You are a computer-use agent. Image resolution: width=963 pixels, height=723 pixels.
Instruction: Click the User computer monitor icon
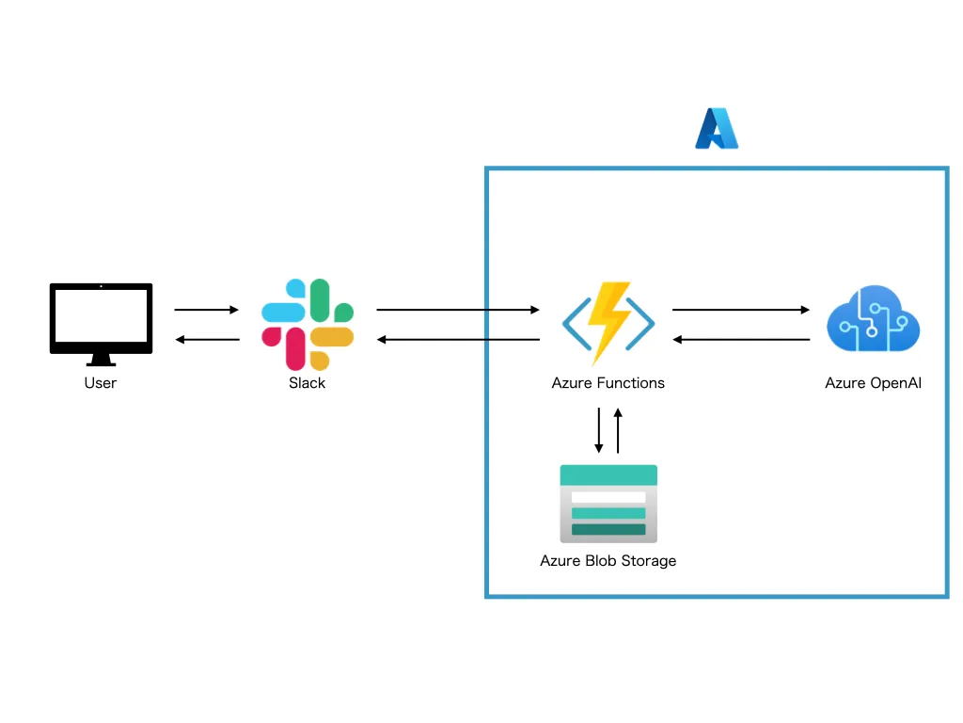[101, 318]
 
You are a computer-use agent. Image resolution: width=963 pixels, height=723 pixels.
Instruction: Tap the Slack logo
[308, 324]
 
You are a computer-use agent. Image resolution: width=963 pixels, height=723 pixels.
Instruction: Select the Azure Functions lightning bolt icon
[608, 323]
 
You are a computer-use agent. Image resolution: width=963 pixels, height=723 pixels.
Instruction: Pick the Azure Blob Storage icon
[608, 504]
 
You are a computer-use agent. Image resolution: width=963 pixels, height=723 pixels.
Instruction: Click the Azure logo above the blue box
[717, 129]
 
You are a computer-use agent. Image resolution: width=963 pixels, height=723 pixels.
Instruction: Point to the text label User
[101, 383]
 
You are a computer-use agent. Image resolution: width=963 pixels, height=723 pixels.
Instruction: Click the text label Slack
[308, 383]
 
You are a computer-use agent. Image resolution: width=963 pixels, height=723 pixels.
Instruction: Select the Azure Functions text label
[608, 383]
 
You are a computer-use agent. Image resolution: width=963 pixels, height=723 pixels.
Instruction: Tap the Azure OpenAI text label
[873, 383]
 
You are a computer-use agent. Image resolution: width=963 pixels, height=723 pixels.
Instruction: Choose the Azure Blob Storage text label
[608, 561]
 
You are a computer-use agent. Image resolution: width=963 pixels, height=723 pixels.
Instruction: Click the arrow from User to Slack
[207, 310]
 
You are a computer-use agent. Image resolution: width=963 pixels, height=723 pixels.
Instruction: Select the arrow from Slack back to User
[207, 339]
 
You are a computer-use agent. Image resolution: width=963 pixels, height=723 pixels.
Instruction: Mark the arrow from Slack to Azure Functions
[458, 310]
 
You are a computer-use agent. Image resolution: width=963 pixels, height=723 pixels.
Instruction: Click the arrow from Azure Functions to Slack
[458, 339]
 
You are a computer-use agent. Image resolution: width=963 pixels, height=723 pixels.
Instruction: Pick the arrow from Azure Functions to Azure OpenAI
[741, 310]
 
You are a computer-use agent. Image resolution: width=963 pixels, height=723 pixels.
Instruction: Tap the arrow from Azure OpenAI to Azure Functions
[741, 339]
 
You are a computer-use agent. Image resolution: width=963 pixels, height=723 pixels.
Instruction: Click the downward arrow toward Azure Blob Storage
[599, 430]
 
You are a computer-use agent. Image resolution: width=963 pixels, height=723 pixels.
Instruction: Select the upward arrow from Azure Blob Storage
[618, 430]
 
